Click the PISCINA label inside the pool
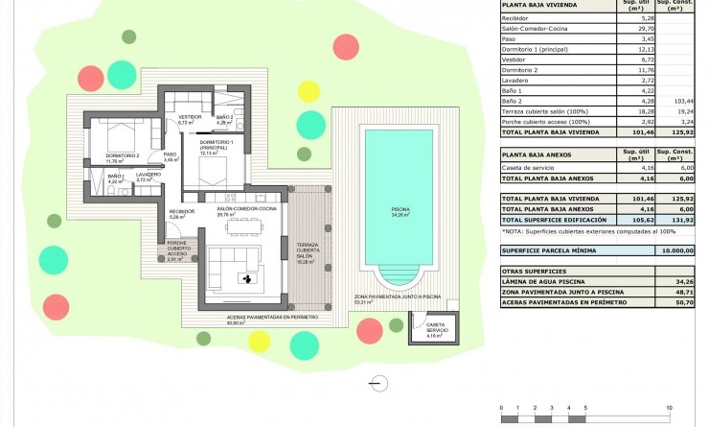[x=400, y=210]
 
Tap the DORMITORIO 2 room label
[x=123, y=157]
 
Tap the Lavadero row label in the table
[x=516, y=81]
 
